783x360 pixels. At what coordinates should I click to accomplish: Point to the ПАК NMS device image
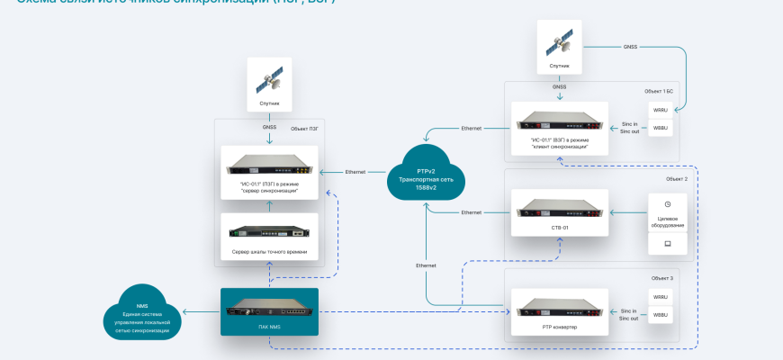tap(270, 311)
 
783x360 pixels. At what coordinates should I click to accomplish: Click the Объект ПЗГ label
tap(304, 130)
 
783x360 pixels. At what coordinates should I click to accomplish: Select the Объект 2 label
tap(676, 179)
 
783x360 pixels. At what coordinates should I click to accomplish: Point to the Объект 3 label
tap(661, 278)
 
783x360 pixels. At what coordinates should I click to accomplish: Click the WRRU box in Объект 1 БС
tap(661, 111)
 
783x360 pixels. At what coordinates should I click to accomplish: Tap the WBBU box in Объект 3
tap(661, 316)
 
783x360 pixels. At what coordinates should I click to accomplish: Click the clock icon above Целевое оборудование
tap(667, 204)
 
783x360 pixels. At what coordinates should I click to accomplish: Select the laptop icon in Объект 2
tap(667, 243)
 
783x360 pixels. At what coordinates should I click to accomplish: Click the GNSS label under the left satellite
tap(270, 128)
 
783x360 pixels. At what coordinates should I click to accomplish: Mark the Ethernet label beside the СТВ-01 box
tap(472, 212)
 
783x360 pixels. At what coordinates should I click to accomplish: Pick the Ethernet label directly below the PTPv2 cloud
tap(426, 265)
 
